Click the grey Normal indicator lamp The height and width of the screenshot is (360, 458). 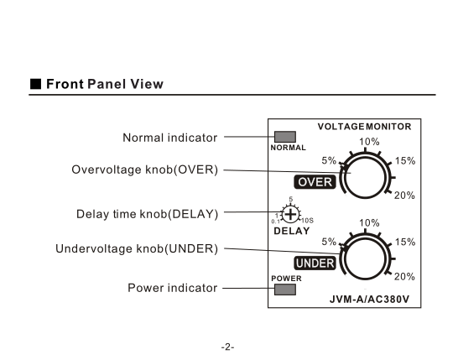pyautogui.click(x=285, y=137)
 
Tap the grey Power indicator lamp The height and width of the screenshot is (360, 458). pyautogui.click(x=285, y=290)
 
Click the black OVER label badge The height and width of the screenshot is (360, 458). pyautogui.click(x=315, y=182)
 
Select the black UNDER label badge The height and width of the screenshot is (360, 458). pyautogui.click(x=315, y=263)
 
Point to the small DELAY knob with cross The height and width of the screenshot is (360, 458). pyautogui.click(x=290, y=215)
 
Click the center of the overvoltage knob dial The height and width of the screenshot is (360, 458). pyautogui.click(x=366, y=178)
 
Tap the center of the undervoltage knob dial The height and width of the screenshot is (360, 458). pyautogui.click(x=366, y=259)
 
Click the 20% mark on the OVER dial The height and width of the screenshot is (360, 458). pyautogui.click(x=404, y=196)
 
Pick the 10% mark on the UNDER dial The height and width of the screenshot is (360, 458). pyautogui.click(x=369, y=223)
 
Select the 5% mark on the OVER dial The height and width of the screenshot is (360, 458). pyautogui.click(x=329, y=160)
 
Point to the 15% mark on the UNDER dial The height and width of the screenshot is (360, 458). pyautogui.click(x=405, y=242)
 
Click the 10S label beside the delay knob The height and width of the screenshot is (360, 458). pyautogui.click(x=307, y=221)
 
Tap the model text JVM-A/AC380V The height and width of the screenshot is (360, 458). pyautogui.click(x=369, y=300)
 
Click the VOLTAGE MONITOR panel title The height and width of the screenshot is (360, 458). pyautogui.click(x=365, y=127)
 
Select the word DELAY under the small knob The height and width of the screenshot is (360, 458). pyautogui.click(x=292, y=231)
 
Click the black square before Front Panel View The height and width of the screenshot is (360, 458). pyautogui.click(x=35, y=84)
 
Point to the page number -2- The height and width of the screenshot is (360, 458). pyautogui.click(x=228, y=347)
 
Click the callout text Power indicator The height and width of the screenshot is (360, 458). pyautogui.click(x=172, y=288)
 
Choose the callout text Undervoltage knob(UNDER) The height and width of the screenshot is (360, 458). pyautogui.click(x=137, y=248)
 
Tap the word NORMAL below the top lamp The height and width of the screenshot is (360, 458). pyautogui.click(x=289, y=148)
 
